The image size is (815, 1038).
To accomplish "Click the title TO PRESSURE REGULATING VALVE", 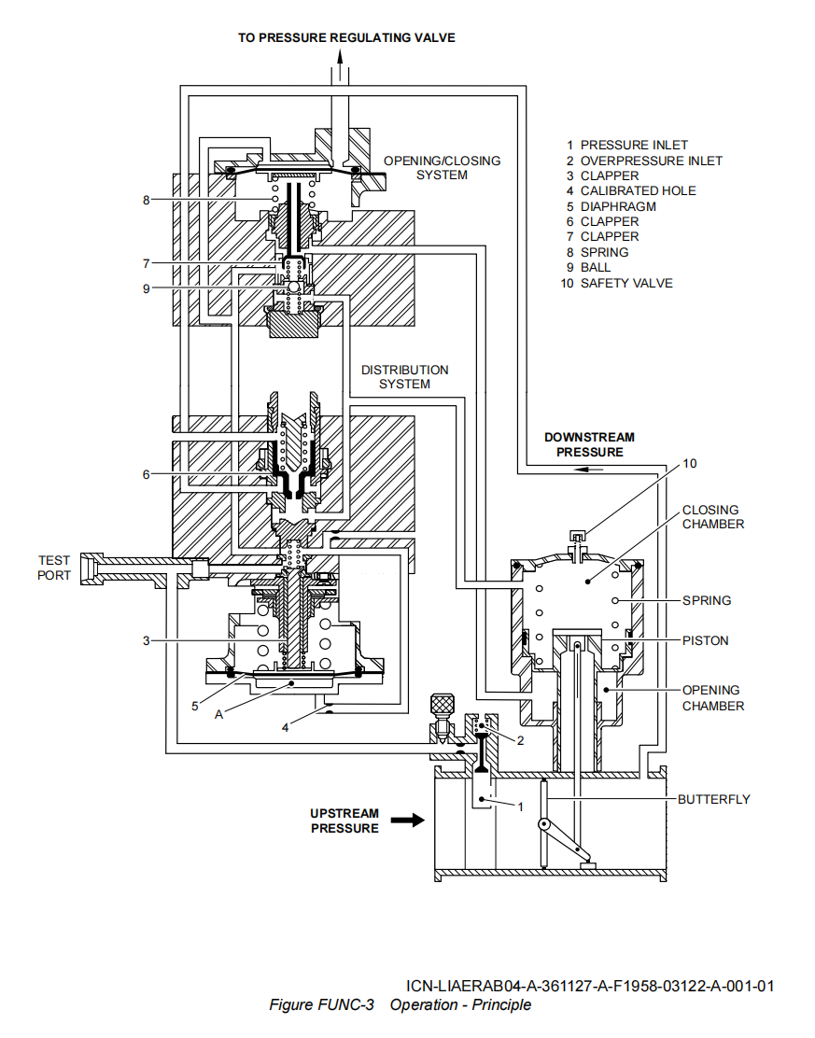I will (x=346, y=37).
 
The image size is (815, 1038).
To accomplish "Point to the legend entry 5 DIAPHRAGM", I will (x=611, y=206).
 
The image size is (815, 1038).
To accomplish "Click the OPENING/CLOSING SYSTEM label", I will (x=442, y=168).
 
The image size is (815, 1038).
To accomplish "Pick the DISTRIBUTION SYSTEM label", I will (x=404, y=377).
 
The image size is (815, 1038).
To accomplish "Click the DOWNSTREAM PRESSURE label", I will (x=589, y=444).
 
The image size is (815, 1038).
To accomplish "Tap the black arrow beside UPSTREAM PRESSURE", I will (x=407, y=821).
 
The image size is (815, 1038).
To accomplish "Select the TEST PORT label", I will (x=54, y=568).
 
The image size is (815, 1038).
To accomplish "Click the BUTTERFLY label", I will (x=713, y=799).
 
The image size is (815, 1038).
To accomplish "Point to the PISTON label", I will (x=705, y=640).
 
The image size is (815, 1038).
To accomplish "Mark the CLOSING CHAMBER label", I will (x=712, y=517).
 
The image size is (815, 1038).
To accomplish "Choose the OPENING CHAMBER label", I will (x=712, y=697).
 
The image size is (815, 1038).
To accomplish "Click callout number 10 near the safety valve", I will (x=689, y=463).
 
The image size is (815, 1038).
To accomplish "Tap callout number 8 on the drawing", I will (x=146, y=199).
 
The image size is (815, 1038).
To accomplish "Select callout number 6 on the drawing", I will (x=146, y=474).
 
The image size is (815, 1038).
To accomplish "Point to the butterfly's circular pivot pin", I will (x=542, y=824).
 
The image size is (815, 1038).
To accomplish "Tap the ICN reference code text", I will (x=590, y=986).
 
